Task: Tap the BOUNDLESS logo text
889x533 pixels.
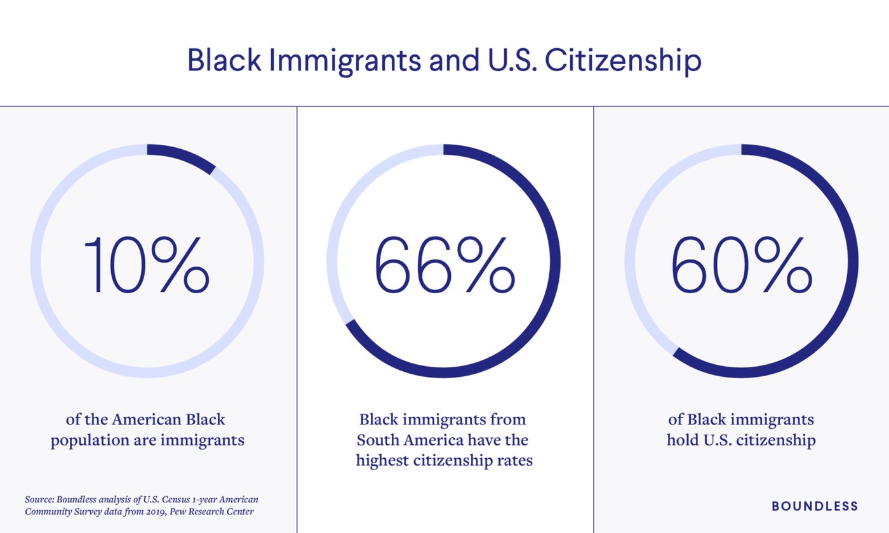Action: pyautogui.click(x=815, y=506)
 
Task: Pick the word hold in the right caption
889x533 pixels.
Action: pyautogui.click(x=681, y=440)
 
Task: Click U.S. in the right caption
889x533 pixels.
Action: pyautogui.click(x=720, y=440)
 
